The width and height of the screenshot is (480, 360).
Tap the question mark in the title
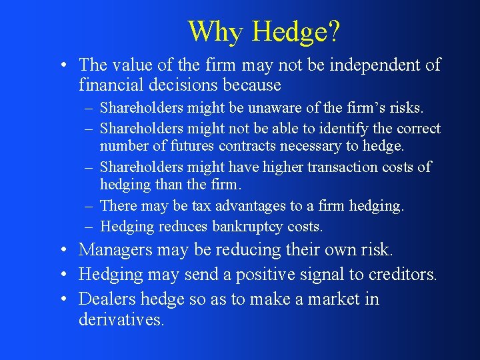click(335, 31)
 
